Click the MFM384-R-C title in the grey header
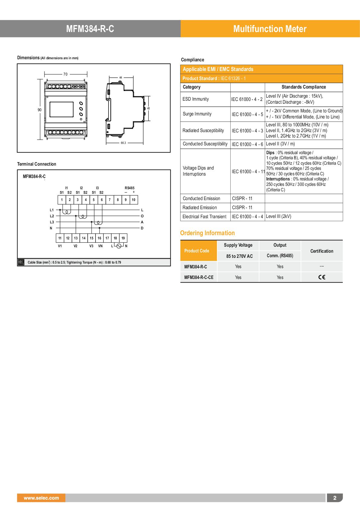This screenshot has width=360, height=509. click(90, 29)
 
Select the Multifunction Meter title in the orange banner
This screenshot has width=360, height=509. click(270, 29)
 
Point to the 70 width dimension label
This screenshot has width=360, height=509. click(65, 74)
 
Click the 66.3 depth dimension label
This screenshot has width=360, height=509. click(123, 143)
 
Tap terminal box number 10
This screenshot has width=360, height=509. click(133, 200)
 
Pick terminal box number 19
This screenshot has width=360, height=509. click(123, 238)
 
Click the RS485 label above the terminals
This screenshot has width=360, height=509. click(129, 188)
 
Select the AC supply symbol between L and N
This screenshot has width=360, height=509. click(119, 246)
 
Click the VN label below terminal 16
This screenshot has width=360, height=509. click(100, 246)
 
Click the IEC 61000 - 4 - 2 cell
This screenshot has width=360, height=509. click(247, 99)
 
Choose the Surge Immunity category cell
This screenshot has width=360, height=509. click(197, 114)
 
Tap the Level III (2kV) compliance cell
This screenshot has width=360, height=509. click(278, 216)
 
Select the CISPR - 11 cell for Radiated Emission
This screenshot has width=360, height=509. click(242, 208)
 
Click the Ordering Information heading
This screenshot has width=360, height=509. click(207, 233)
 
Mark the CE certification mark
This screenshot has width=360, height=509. click(322, 277)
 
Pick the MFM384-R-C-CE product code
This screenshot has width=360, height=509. click(199, 277)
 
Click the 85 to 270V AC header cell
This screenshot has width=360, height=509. click(239, 256)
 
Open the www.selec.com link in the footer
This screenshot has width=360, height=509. click(41, 498)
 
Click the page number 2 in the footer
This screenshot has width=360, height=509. click(335, 498)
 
